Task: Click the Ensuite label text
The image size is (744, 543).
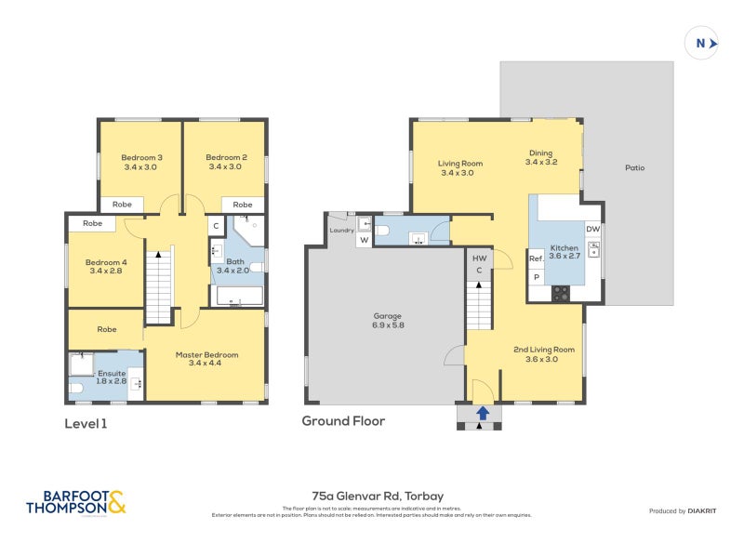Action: tap(111, 373)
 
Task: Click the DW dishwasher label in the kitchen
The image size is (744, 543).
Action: tap(592, 229)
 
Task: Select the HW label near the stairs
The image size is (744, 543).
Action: tap(479, 258)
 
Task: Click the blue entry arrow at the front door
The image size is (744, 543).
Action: tap(482, 411)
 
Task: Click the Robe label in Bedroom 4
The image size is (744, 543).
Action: tap(91, 223)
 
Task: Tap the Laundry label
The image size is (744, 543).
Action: tap(340, 230)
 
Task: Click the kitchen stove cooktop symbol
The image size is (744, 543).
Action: tap(562, 292)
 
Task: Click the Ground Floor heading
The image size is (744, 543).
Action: tap(343, 420)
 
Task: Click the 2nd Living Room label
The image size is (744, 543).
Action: tap(544, 353)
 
